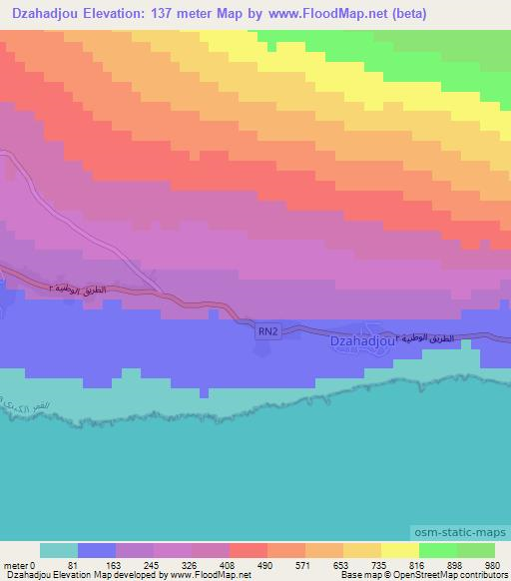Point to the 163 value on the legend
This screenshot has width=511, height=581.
tap(115, 564)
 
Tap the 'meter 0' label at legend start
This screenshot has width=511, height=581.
tap(19, 564)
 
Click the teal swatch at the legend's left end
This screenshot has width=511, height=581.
tap(59, 550)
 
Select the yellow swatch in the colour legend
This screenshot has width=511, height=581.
tap(399, 550)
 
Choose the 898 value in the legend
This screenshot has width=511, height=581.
tap(455, 564)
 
